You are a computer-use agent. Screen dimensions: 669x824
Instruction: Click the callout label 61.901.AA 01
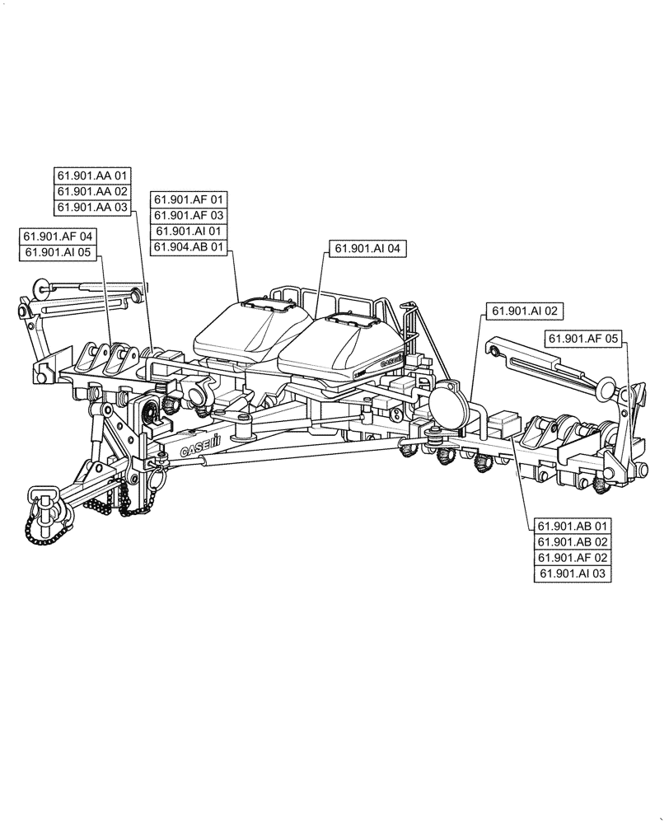tap(92, 175)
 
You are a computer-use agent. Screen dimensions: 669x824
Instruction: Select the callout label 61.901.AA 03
tap(92, 207)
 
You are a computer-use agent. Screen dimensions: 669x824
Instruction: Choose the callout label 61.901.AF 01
tap(188, 199)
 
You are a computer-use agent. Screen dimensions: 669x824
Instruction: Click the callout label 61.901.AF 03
tap(188, 215)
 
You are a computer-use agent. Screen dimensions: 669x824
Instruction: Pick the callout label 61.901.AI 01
tap(188, 232)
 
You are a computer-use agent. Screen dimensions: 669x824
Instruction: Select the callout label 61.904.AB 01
tap(188, 247)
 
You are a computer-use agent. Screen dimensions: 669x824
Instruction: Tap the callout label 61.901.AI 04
tap(367, 248)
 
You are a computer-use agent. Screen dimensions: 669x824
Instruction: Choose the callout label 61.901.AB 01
tap(573, 526)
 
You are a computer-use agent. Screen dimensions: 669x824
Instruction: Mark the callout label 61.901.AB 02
tap(573, 541)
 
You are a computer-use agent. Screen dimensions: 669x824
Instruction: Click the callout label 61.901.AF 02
tap(573, 558)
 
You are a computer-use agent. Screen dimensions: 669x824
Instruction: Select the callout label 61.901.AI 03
tap(573, 574)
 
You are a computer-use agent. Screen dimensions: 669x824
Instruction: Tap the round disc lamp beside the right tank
tap(447, 404)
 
